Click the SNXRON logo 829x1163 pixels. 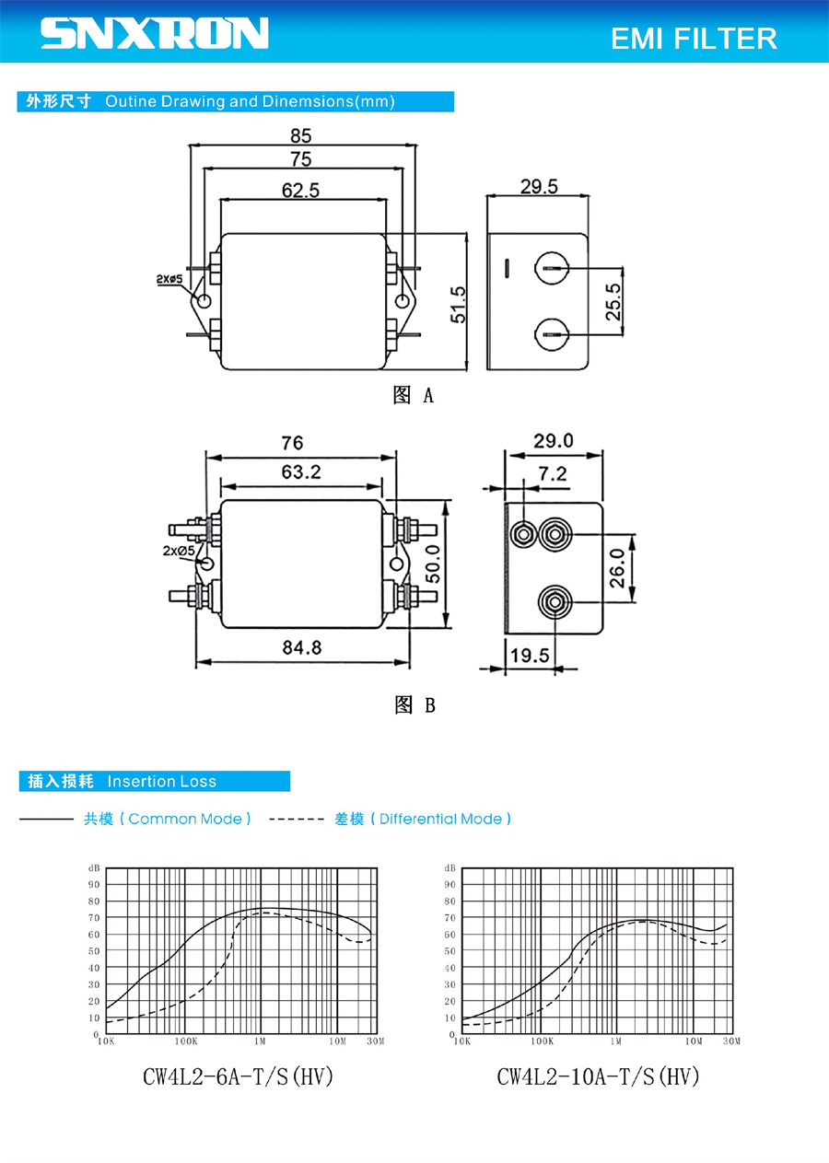(x=154, y=33)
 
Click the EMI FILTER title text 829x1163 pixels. (x=694, y=39)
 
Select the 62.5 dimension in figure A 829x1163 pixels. (x=301, y=191)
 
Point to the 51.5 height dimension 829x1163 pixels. (x=459, y=304)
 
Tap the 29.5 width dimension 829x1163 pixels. (x=539, y=186)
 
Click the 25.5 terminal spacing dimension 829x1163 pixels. (x=613, y=302)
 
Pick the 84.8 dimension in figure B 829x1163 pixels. (x=302, y=647)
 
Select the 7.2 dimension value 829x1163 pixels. (x=552, y=473)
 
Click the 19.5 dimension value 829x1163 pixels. (x=530, y=656)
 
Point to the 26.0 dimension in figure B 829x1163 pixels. (x=617, y=568)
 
